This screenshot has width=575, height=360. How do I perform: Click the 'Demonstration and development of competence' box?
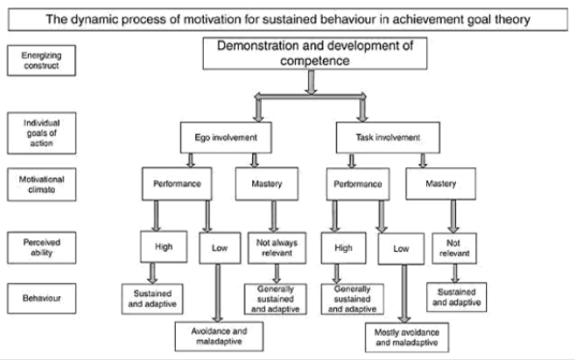[x=306, y=56]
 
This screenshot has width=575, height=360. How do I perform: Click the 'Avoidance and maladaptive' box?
[x=217, y=333]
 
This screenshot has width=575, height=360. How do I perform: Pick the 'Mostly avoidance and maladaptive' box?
[x=407, y=336]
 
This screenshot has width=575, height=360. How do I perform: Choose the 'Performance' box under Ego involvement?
[x=174, y=182]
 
